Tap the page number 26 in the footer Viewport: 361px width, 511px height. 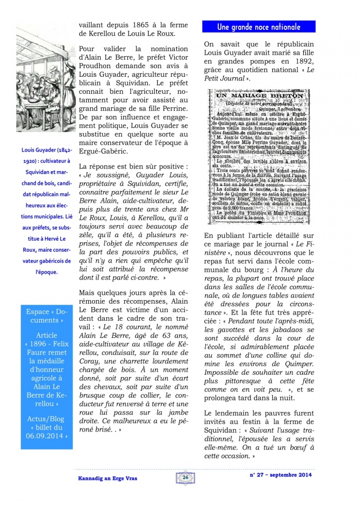click(185, 478)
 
